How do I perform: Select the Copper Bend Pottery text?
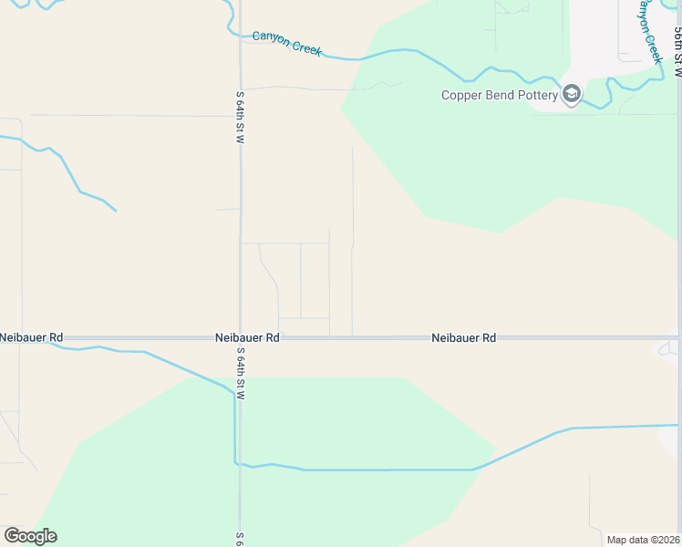coord(499,95)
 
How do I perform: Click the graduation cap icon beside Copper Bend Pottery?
coord(572,94)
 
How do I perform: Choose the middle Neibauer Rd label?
coord(247,337)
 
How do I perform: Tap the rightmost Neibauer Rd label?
coord(463,337)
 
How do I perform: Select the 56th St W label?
coord(677,50)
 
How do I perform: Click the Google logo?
coord(30,535)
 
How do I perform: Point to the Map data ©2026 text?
coord(642,540)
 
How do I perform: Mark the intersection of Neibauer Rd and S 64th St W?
coord(240,338)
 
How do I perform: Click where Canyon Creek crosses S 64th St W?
coord(240,36)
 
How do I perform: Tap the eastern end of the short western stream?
coord(116,211)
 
